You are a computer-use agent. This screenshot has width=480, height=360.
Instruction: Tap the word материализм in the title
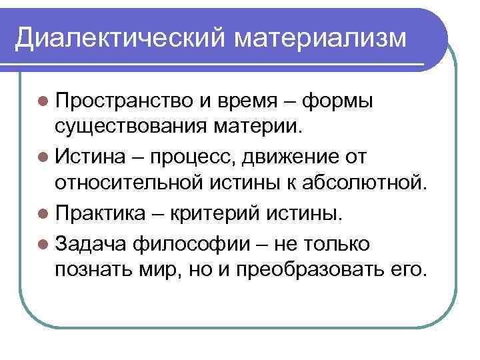click(319, 38)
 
